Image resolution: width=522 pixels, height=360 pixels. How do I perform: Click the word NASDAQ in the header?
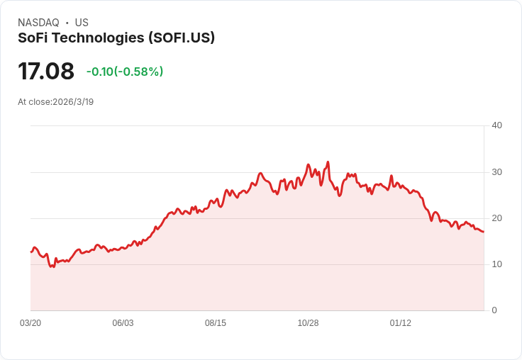click(x=38, y=23)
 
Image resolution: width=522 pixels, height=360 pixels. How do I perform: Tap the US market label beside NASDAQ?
click(x=82, y=23)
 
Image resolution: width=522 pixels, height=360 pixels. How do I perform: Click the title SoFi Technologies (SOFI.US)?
click(x=116, y=38)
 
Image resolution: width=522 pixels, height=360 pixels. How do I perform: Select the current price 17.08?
click(x=46, y=72)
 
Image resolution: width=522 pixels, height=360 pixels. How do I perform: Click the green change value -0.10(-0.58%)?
click(x=125, y=72)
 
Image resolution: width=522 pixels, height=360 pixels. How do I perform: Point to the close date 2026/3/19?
click(x=73, y=102)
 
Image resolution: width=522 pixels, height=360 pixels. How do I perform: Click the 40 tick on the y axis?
click(x=497, y=125)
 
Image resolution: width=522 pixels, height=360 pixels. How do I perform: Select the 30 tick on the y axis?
click(x=497, y=172)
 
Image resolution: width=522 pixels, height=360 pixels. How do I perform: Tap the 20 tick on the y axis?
click(x=497, y=218)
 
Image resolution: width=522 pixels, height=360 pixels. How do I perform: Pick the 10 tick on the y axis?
click(x=497, y=264)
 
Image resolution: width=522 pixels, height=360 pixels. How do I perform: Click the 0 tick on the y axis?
click(x=494, y=310)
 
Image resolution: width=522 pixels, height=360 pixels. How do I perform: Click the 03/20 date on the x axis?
click(x=30, y=323)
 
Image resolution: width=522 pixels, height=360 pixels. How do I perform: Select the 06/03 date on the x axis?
click(x=123, y=323)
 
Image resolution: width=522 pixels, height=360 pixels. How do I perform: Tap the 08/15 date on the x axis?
click(x=216, y=323)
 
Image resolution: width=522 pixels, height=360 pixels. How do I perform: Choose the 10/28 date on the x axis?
click(x=308, y=323)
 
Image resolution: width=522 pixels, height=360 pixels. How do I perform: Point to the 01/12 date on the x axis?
click(x=401, y=323)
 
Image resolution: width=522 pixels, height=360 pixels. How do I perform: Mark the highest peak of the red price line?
click(x=328, y=162)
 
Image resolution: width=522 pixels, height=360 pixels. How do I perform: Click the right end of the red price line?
click(x=483, y=232)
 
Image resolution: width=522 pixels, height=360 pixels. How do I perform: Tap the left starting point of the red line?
click(x=31, y=252)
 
